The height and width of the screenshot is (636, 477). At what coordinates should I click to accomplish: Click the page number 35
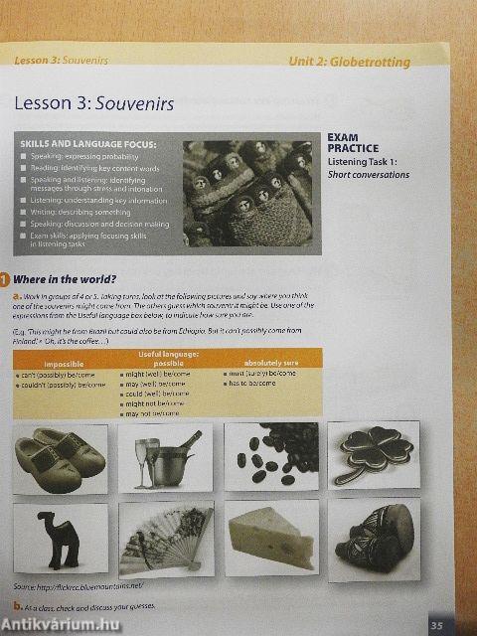click(x=436, y=624)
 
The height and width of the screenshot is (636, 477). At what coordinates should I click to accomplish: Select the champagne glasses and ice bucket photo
click(x=164, y=458)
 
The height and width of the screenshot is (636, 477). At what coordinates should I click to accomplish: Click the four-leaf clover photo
click(x=374, y=455)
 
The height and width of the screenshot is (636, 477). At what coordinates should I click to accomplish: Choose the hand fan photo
click(x=164, y=539)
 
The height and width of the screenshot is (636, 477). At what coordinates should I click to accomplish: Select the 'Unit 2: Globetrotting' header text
click(x=349, y=62)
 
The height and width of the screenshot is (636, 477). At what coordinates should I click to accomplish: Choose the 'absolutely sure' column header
click(x=270, y=363)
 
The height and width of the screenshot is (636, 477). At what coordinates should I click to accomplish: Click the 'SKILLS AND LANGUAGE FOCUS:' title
click(x=87, y=145)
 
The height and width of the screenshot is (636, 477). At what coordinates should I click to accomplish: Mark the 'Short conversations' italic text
click(x=368, y=175)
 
